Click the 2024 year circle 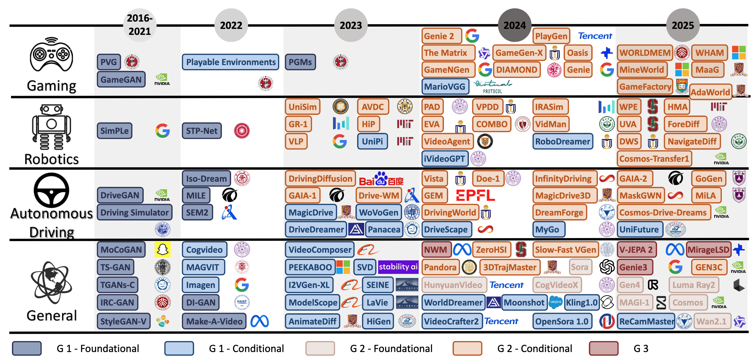click(514, 25)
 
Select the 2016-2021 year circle click(140, 25)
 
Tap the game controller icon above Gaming click(51, 54)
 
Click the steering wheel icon click(51, 190)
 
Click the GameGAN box click(121, 80)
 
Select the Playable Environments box click(231, 62)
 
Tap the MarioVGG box click(445, 87)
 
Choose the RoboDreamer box click(563, 141)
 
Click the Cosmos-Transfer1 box click(654, 159)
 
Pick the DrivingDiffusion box click(320, 179)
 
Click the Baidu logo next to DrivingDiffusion click(381, 179)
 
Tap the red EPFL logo click(475, 196)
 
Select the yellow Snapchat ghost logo click(162, 249)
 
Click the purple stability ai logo click(398, 267)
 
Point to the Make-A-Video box click(214, 321)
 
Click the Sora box click(579, 267)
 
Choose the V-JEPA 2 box click(637, 250)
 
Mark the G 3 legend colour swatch click(604, 348)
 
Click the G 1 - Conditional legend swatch click(179, 348)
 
